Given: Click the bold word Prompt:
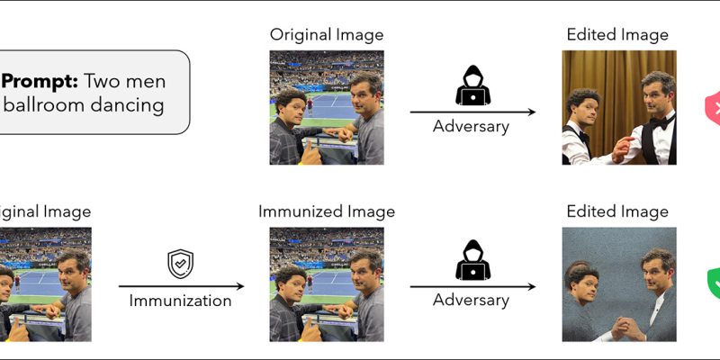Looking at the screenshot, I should (x=40, y=81).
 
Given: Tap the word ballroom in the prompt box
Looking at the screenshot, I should (x=39, y=105).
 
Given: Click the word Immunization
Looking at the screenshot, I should (x=181, y=301).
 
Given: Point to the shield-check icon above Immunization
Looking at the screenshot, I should (x=181, y=264).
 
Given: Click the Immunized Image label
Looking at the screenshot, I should (x=326, y=212).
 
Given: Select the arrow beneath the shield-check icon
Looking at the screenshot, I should (x=181, y=286).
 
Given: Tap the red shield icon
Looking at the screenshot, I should (x=713, y=110).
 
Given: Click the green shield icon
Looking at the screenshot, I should (x=713, y=284).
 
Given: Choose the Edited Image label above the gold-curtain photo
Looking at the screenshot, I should (x=617, y=36).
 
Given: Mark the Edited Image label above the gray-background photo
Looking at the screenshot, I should (x=617, y=212).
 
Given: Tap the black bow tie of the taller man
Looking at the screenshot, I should (x=660, y=119).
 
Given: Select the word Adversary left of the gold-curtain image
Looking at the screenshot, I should (x=471, y=126).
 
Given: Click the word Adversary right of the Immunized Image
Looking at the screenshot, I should (x=471, y=301).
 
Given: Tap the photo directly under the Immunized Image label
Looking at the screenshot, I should (x=326, y=283).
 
